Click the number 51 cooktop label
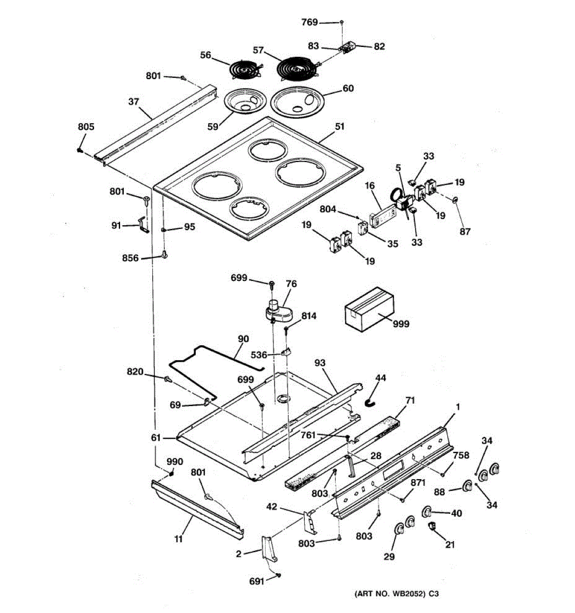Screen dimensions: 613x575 (x=340, y=127)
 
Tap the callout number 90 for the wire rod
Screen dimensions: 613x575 (x=243, y=339)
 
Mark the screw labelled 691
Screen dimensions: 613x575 (x=278, y=575)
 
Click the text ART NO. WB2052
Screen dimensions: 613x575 (x=389, y=594)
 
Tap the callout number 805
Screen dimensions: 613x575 (x=86, y=127)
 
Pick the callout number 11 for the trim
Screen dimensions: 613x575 (x=179, y=538)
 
